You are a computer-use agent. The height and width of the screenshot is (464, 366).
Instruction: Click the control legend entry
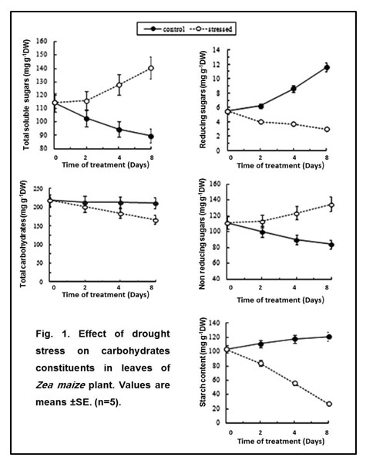(x=164, y=29)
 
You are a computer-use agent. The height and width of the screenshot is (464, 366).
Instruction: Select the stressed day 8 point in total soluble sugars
(x=151, y=68)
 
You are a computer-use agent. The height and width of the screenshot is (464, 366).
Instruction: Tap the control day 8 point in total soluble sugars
(x=151, y=137)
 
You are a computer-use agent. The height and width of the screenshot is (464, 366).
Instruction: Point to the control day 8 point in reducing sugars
(x=327, y=67)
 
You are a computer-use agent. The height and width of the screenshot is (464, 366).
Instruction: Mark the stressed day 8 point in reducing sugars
(x=327, y=129)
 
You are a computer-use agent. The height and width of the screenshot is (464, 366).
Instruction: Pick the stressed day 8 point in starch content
(x=329, y=404)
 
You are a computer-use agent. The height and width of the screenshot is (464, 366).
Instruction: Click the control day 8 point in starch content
(x=329, y=337)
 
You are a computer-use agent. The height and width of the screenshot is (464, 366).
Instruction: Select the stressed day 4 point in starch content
(x=295, y=384)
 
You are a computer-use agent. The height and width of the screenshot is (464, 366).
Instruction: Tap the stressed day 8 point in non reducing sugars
(x=331, y=205)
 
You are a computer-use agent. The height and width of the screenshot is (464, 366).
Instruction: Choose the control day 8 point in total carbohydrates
(x=156, y=204)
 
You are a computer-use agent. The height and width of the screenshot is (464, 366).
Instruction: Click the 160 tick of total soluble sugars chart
(x=42, y=41)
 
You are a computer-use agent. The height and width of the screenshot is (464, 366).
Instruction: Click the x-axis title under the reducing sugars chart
(x=280, y=165)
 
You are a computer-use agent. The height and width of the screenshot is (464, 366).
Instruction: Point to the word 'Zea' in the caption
(x=44, y=385)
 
